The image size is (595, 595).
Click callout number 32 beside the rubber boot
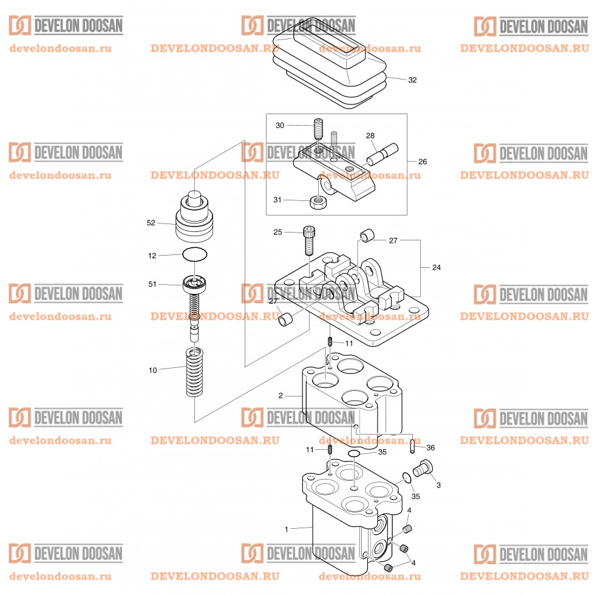412,80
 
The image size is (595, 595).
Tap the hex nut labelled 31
316,202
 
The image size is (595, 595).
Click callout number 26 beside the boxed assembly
423,162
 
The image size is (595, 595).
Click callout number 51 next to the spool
152,284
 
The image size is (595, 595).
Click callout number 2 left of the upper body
280,396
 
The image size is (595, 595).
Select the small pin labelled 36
412,446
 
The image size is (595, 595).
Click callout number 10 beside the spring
152,370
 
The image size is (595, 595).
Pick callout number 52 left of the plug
151,223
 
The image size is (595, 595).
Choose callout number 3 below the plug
438,485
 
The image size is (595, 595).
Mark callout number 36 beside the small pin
430,447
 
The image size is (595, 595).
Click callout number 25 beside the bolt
278,232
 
